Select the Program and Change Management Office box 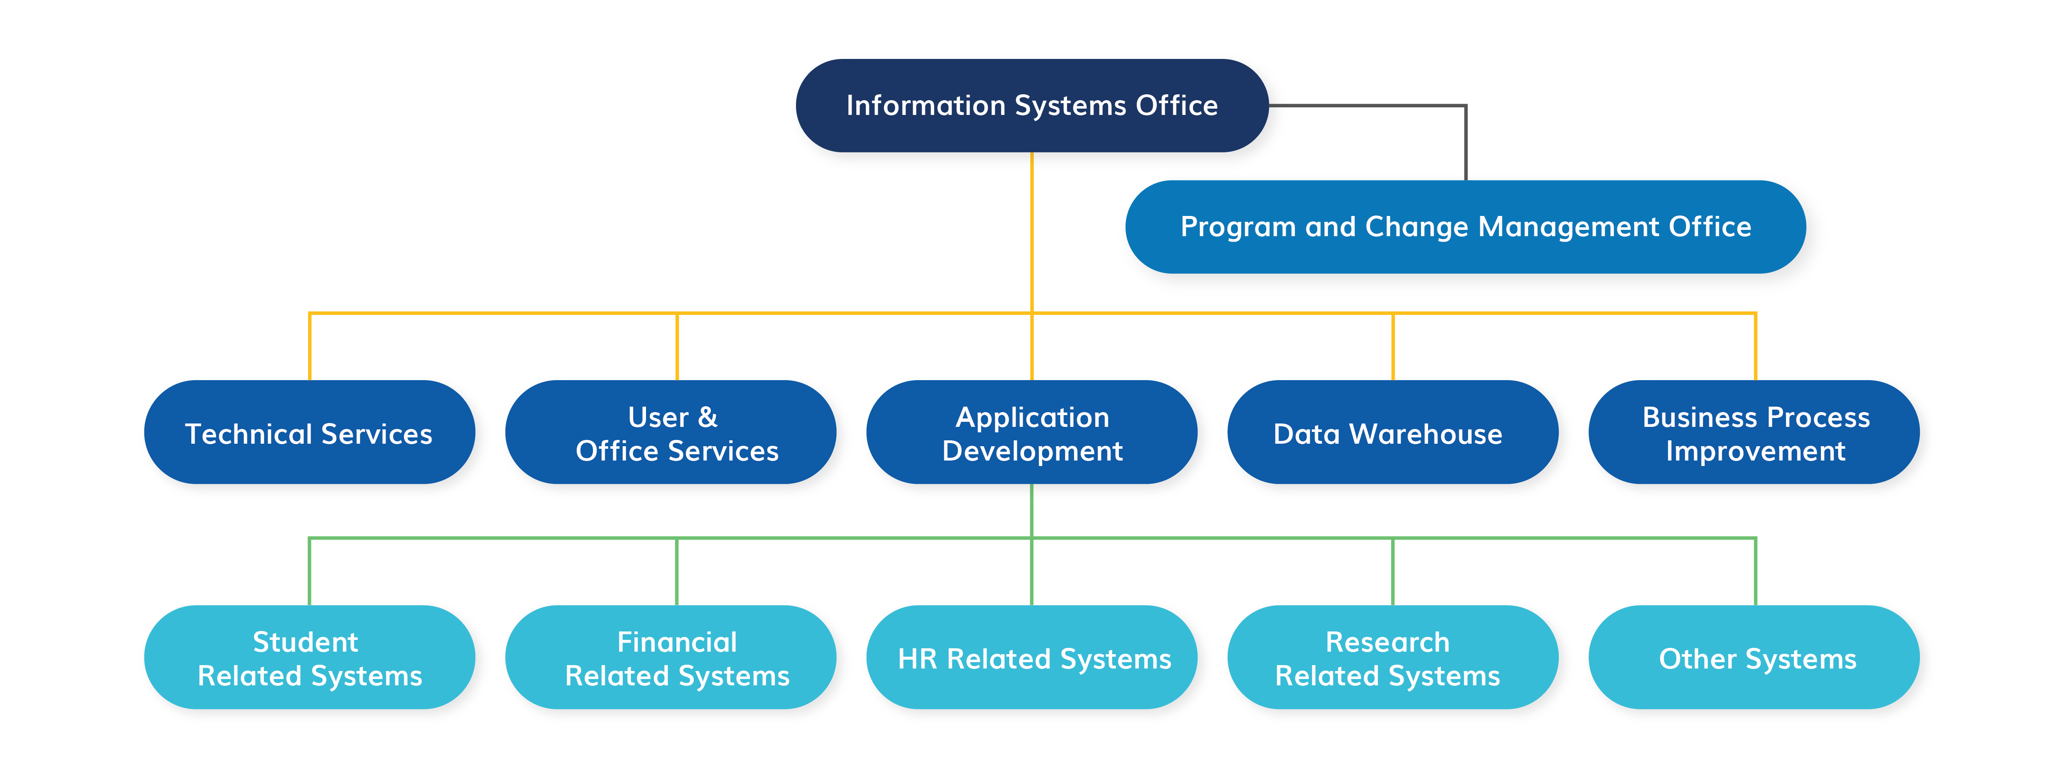click(x=1466, y=226)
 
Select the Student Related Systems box click(x=309, y=657)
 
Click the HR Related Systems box click(x=1032, y=657)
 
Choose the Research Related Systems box click(x=1393, y=657)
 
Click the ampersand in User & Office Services click(x=708, y=417)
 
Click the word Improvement click(x=1756, y=452)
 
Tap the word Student click(x=305, y=642)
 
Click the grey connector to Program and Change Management click(x=1466, y=106)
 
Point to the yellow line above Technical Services click(x=309, y=346)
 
